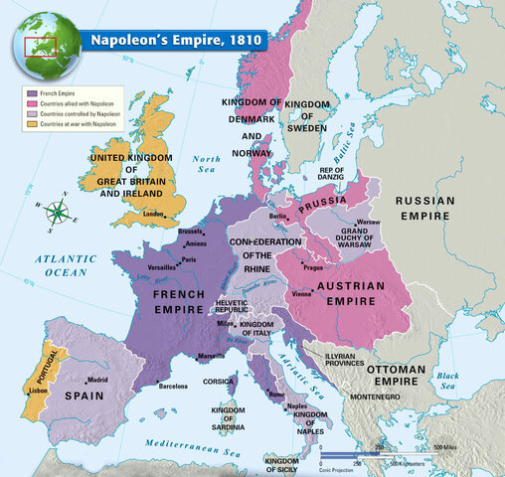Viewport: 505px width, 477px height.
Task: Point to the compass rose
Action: pyautogui.click(x=59, y=210)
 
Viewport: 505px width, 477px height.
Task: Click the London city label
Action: pyautogui.click(x=153, y=214)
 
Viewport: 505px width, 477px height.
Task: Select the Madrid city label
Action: pyautogui.click(x=97, y=380)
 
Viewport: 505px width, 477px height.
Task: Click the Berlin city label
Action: pyautogui.click(x=277, y=216)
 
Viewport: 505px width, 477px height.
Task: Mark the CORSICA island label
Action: pyautogui.click(x=220, y=381)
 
